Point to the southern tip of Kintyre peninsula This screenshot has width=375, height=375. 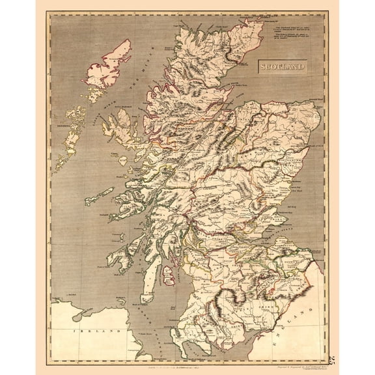(x=137, y=287)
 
